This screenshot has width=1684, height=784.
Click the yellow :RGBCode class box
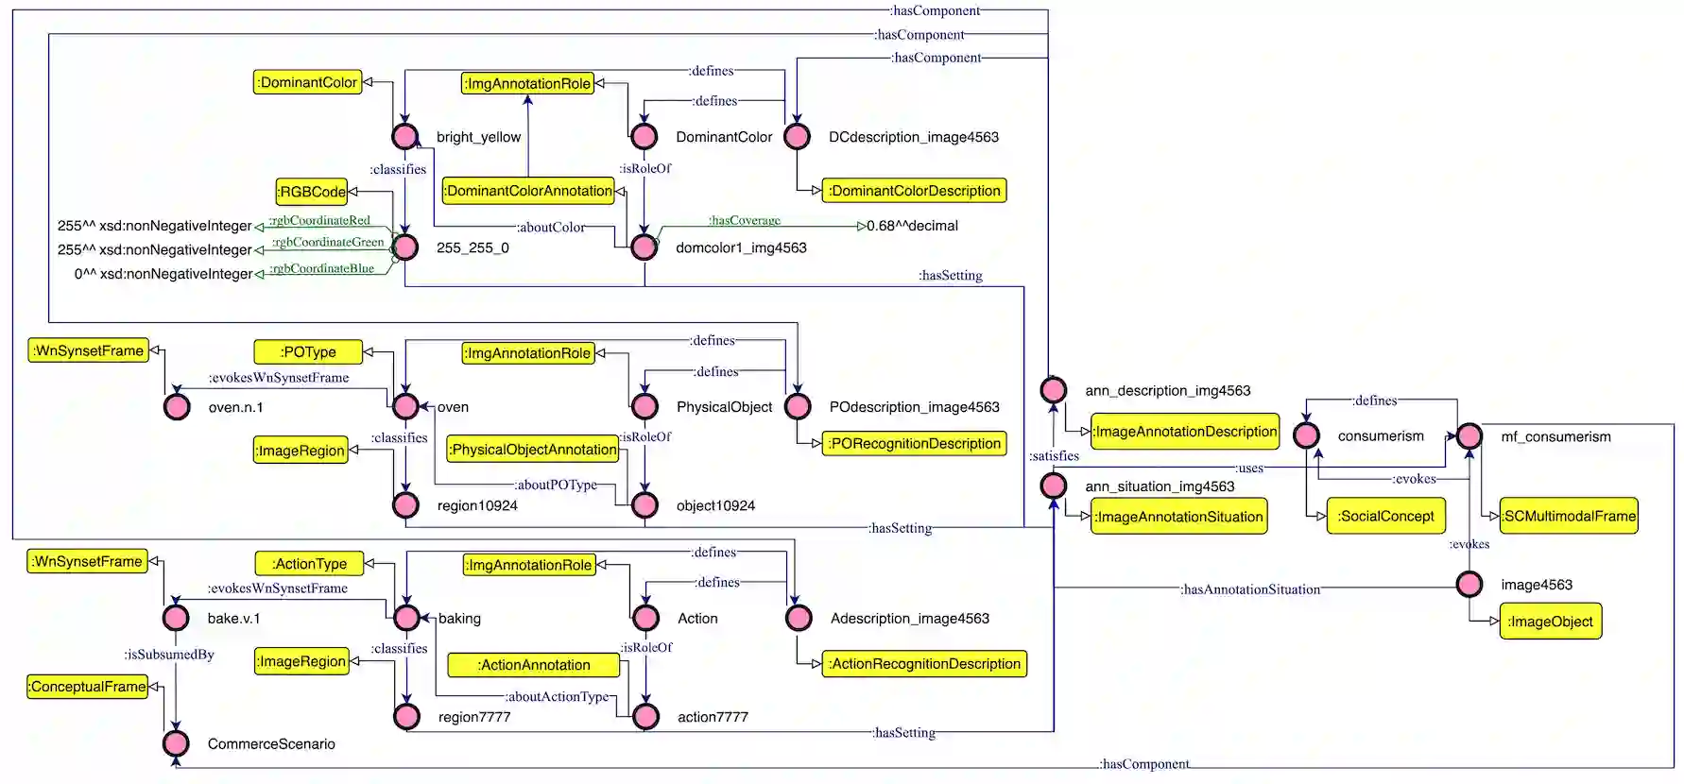point(312,192)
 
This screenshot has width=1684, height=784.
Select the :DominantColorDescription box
point(914,191)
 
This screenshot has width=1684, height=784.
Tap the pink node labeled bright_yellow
point(405,137)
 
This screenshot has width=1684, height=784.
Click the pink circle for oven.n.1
point(177,407)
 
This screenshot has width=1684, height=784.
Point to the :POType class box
point(308,352)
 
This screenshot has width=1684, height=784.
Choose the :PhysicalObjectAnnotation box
point(534,450)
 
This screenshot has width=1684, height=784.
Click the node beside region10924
point(405,505)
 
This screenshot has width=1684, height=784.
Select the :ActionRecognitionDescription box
point(924,664)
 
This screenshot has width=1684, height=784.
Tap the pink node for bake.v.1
point(177,618)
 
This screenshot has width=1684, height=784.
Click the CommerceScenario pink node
point(177,743)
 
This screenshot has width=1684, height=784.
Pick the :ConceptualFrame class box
point(88,687)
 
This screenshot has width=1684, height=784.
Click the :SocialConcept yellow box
point(1386,517)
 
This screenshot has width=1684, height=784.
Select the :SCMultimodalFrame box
point(1569,517)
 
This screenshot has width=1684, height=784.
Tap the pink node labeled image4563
point(1469,585)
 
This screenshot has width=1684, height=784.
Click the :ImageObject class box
point(1550,622)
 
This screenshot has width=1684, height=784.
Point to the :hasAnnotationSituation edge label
point(1250,589)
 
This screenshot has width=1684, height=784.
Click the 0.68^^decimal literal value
point(912,226)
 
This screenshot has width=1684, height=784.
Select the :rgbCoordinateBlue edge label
point(322,268)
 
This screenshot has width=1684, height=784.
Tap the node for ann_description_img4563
point(1054,389)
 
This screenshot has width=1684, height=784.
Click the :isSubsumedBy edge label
point(169,655)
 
